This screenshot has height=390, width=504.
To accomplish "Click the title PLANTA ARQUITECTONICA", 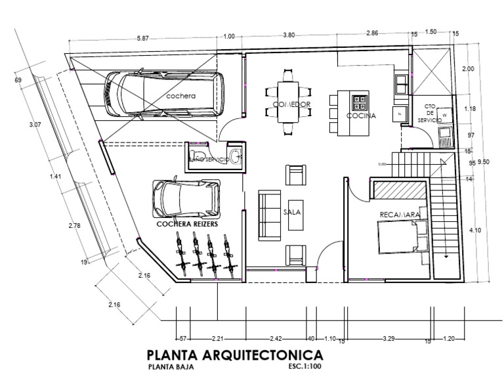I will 235,355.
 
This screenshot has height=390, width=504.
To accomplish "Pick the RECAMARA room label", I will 398,215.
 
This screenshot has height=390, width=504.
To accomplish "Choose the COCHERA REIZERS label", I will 187,223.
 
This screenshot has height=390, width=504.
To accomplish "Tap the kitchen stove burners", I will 360,101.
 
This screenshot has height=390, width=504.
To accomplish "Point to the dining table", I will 287,103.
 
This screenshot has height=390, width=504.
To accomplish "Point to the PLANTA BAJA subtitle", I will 171,368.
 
